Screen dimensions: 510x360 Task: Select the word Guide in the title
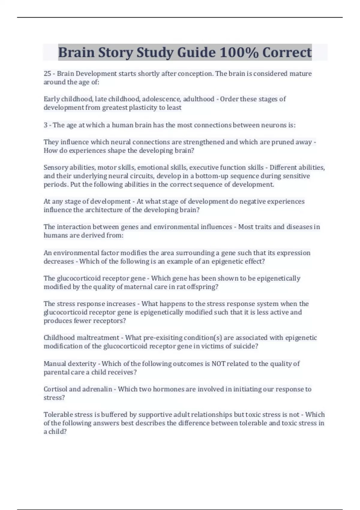(x=196, y=52)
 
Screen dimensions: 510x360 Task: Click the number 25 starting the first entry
(x=47, y=73)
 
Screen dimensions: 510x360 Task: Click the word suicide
(x=244, y=346)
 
